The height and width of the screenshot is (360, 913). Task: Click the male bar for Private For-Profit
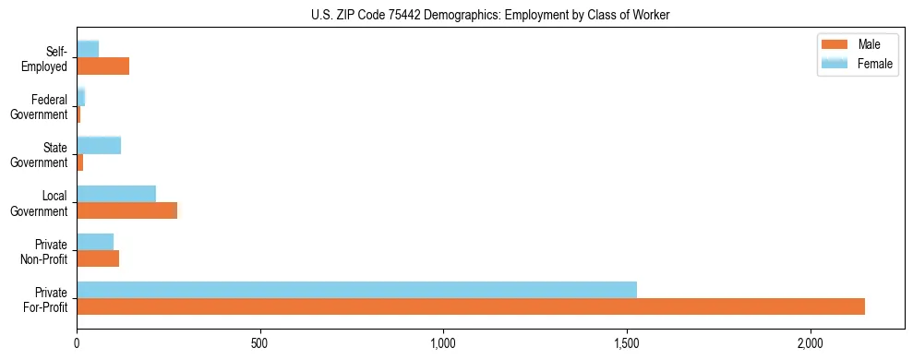(471, 306)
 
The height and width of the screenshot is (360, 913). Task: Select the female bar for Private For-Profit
(356, 289)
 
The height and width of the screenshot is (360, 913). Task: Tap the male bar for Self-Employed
(102, 66)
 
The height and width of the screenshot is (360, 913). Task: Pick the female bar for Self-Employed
(88, 48)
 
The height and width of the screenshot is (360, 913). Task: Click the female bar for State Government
(99, 145)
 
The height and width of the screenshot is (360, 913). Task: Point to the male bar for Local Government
(126, 210)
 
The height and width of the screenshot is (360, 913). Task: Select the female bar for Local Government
(116, 193)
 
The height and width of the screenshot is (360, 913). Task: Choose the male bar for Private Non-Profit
(98, 258)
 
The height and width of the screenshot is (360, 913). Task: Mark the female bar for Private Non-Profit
(95, 241)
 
